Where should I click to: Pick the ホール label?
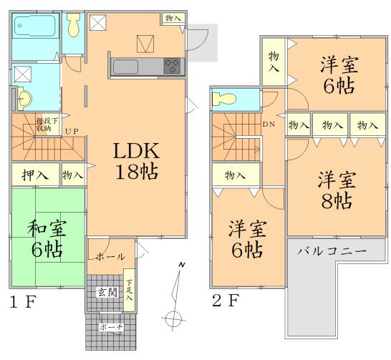[110, 256]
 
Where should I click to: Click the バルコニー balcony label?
[332, 252]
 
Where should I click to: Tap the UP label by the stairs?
[72, 132]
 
